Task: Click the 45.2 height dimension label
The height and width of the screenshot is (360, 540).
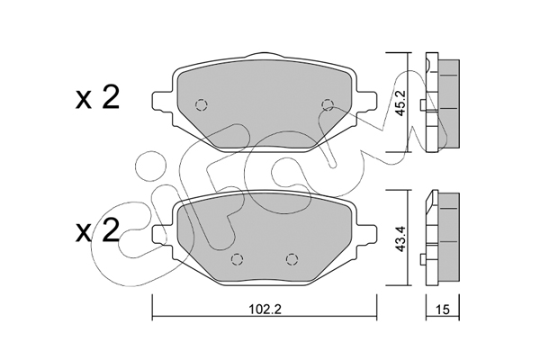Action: [401, 103]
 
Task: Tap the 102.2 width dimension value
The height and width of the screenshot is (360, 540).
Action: [265, 310]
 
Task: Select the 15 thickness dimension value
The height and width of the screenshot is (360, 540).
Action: [444, 310]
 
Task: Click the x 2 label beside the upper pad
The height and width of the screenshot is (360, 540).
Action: [97, 97]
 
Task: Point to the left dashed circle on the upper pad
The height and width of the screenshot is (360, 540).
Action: [201, 104]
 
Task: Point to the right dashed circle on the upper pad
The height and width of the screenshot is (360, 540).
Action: [328, 104]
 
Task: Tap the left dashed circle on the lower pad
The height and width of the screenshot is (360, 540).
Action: [237, 258]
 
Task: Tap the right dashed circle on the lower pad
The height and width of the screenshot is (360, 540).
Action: [292, 258]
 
